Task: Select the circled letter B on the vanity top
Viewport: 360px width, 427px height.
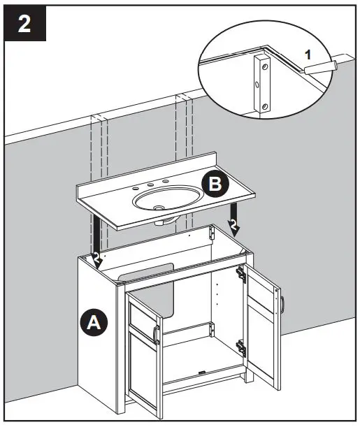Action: click(x=215, y=184)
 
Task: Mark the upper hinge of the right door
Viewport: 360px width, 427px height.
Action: click(x=241, y=273)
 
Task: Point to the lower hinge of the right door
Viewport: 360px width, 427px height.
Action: click(x=240, y=344)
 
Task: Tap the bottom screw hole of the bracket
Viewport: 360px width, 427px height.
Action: click(x=264, y=106)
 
